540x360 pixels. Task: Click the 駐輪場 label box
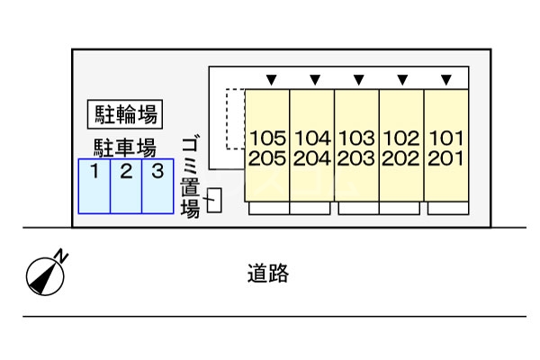point(125,114)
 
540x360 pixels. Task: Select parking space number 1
point(94,186)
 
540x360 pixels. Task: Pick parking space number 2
point(126,186)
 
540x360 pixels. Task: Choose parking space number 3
point(157,186)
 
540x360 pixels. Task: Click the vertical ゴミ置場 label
point(190,177)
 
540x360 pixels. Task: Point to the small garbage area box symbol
point(214,201)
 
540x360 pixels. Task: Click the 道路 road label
point(268,274)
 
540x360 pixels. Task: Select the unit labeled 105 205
point(267,146)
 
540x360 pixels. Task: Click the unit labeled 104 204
point(312,146)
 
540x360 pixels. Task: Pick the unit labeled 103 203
point(356,146)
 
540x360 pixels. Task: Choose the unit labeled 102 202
point(401,146)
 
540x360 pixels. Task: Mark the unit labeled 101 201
point(446,146)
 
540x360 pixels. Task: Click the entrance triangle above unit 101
point(446,80)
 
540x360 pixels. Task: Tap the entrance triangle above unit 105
point(270,80)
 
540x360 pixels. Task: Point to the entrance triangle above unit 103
point(358,80)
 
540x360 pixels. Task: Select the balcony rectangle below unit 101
point(447,209)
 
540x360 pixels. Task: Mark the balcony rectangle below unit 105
point(268,209)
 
